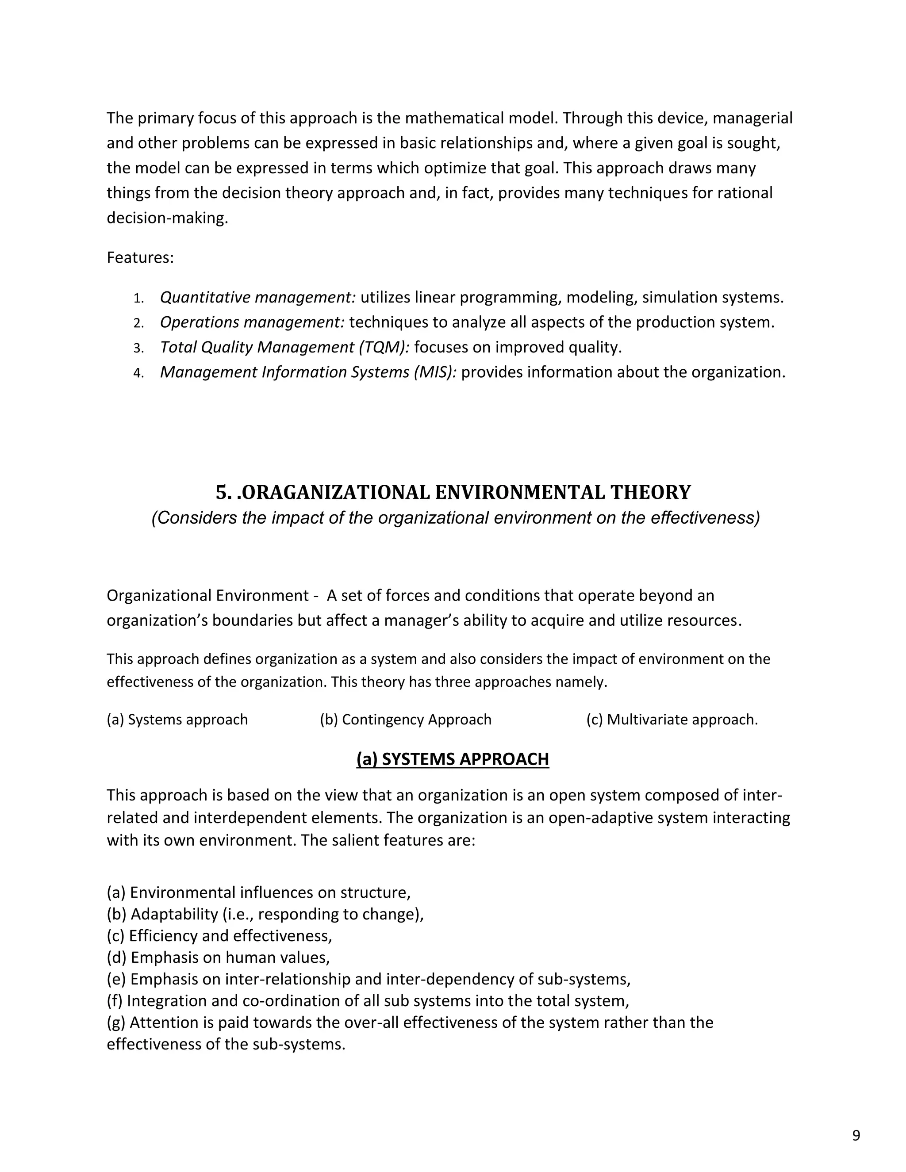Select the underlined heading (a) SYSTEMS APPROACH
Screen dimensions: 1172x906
pos(453,759)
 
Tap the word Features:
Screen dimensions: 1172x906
pos(140,257)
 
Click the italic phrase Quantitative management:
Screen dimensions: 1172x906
pos(257,297)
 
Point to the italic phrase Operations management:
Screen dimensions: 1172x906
pos(252,322)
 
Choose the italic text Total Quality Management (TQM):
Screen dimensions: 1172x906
pos(284,347)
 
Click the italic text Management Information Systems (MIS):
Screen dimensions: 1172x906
pos(308,372)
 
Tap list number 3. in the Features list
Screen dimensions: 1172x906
pos(138,348)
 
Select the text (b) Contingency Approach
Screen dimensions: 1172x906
pos(405,720)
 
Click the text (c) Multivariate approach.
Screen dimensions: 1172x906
pos(672,720)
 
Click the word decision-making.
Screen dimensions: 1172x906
pos(167,218)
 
